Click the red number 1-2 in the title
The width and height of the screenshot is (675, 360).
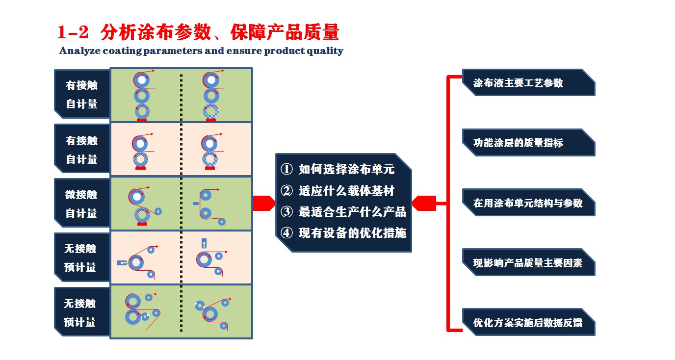(73, 32)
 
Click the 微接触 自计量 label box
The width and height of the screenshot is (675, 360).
(82, 204)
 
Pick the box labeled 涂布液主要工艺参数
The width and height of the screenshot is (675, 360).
(528, 82)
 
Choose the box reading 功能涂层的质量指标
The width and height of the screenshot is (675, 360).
(528, 143)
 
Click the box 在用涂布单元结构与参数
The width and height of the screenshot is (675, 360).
(528, 203)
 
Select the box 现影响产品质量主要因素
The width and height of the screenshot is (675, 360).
(528, 262)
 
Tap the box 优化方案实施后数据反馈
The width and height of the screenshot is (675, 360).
(528, 322)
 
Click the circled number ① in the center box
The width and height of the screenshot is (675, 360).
(286, 169)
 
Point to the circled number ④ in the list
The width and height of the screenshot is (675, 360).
(286, 233)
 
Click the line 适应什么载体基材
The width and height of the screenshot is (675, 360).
(346, 191)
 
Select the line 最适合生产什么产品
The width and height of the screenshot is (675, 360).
(352, 212)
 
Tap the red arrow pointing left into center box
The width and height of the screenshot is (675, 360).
(424, 204)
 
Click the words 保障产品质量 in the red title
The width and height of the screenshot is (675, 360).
(285, 32)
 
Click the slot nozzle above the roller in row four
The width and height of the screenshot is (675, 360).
(204, 243)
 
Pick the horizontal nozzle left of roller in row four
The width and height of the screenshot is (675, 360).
(122, 263)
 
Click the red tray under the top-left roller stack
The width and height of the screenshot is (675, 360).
(142, 120)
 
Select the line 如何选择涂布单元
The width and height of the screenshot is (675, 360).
(346, 169)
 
